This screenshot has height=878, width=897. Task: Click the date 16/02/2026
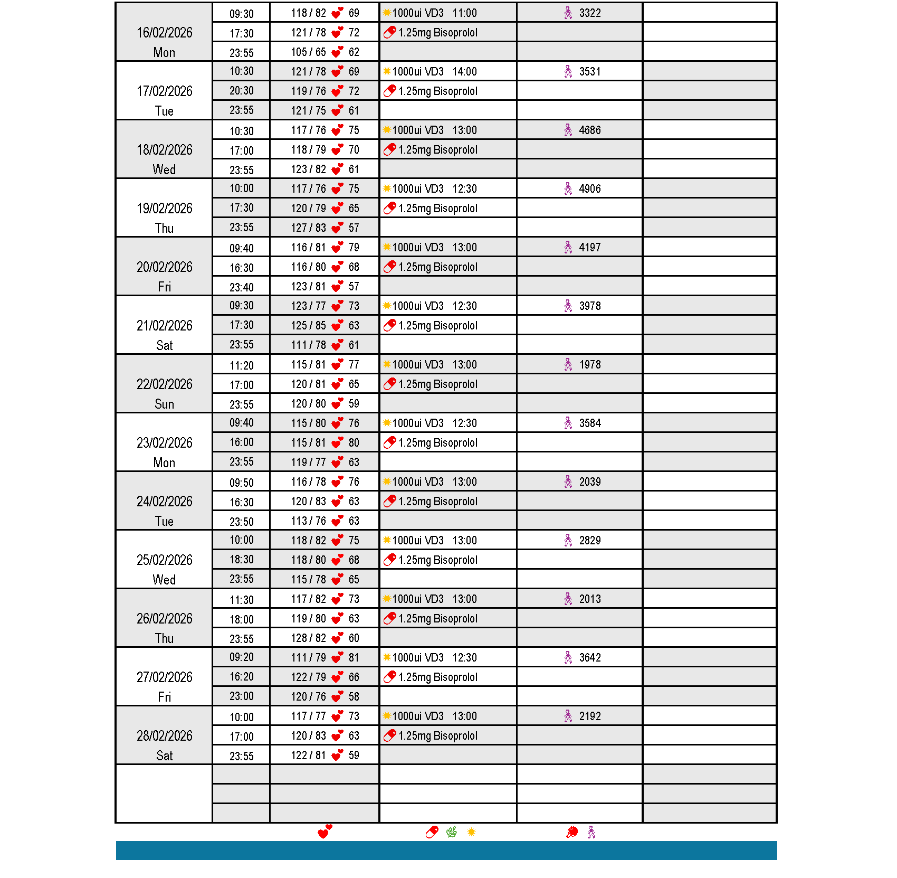point(164,33)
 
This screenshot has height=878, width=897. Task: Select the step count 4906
point(589,189)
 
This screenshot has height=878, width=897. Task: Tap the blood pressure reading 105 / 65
point(308,52)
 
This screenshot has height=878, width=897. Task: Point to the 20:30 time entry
point(241,91)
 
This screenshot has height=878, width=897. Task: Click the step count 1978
point(589,365)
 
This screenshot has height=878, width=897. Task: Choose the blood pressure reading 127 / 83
point(308,228)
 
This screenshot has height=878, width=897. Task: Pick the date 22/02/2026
point(164,384)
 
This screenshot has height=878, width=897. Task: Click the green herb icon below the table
point(452,833)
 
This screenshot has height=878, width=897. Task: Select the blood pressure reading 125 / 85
point(308,326)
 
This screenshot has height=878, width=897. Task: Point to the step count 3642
point(589,658)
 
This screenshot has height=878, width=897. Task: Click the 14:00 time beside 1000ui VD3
point(464,72)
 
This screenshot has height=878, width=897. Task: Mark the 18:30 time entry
point(241,560)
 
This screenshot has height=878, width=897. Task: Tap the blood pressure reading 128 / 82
point(308,638)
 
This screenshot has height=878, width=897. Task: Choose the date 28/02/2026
point(164,736)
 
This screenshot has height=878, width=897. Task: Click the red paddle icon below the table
point(571,833)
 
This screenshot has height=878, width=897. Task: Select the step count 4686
point(589,130)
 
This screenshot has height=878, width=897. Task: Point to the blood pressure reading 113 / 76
point(308,521)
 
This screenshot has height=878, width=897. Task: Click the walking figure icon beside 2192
point(568,716)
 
